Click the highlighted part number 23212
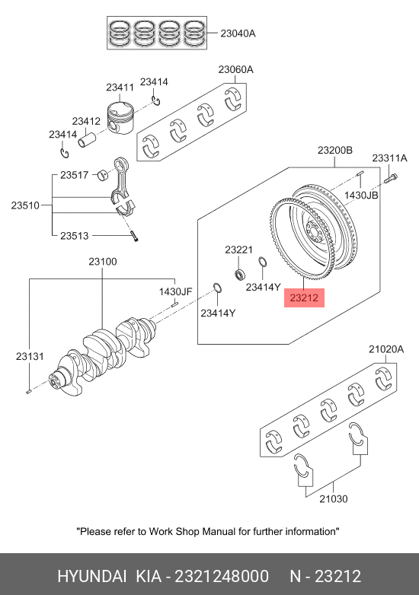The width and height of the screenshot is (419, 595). (x=304, y=297)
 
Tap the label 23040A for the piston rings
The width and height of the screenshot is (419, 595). (x=238, y=33)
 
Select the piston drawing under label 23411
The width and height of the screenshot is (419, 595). (x=120, y=117)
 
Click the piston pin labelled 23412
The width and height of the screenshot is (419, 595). (x=87, y=138)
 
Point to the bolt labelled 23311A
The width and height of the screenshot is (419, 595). (x=390, y=178)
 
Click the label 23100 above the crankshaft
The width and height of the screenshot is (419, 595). (x=103, y=262)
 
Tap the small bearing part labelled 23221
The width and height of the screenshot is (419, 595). (x=240, y=274)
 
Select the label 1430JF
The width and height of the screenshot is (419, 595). (x=175, y=291)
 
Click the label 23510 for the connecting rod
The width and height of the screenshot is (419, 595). (x=25, y=205)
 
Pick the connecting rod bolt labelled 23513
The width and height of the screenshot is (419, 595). (x=134, y=236)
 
